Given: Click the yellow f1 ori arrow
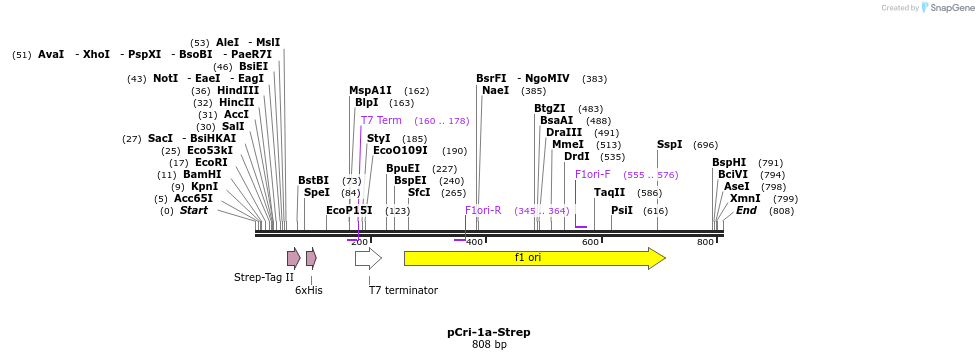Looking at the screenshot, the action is pos(534,258).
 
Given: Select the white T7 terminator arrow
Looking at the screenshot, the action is pos(367,259).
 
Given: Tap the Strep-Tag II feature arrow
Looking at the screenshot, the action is pos(293,258).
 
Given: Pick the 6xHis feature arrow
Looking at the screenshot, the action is pos(311,258).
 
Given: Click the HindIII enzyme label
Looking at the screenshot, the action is pos(238,90).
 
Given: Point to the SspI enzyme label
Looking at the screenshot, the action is pos(669,144).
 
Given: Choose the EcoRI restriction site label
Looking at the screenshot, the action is pos(211,162).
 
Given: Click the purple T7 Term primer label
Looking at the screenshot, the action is pos(381,120).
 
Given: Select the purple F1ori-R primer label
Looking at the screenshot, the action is pos(483,210).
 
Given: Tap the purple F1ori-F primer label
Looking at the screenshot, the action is pos(593,174).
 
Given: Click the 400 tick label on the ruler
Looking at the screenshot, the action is pos(474,242).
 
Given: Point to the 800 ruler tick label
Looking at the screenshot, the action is pos(705,242).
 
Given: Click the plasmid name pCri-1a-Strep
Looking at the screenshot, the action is pos(488,332).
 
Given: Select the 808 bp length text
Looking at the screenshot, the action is pos(489,344).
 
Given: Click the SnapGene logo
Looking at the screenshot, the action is pos(945,8).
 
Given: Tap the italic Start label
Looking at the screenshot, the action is pos(193,210).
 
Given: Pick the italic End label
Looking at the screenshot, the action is pos(746,210).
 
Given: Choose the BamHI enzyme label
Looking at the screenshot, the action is pos(202,174).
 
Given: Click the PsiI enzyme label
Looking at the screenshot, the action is pos(622,210).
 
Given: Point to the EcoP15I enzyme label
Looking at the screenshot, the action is pos(349,210).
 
